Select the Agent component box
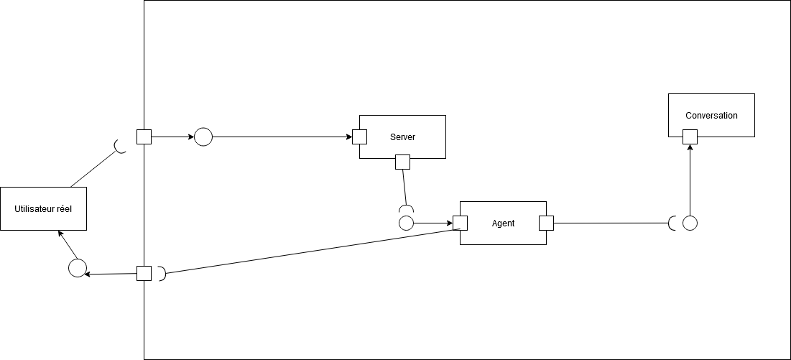coord(503,234)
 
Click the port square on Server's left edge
coord(360,137)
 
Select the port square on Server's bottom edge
coord(402,162)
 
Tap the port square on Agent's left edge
coord(461,223)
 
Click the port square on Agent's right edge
coord(546,223)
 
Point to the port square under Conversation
coord(690,137)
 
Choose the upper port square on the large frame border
coord(144,137)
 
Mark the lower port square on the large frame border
coord(144,273)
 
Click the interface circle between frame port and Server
coord(203,137)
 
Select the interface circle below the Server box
coord(406,223)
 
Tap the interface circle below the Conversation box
coord(690,223)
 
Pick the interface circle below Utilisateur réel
coord(77,269)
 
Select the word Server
coord(402,137)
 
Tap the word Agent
coord(503,223)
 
